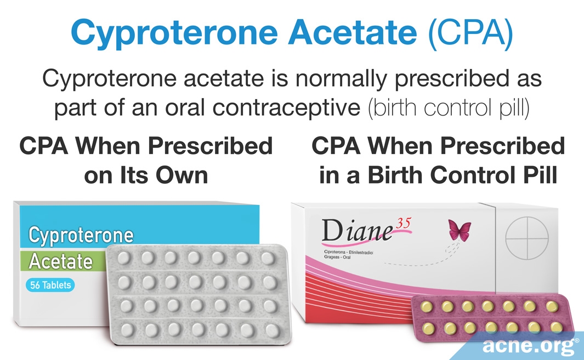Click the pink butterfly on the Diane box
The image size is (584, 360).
point(460,229)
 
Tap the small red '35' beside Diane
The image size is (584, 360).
point(403,222)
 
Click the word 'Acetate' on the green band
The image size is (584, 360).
point(61,261)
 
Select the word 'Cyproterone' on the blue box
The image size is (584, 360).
point(81,235)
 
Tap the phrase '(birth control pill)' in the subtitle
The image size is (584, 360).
point(449,108)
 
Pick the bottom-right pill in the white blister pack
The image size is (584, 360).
point(270,330)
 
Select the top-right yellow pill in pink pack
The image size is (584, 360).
point(552,305)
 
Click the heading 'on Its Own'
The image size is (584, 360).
point(145,175)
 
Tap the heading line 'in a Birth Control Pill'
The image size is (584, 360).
point(438,175)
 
